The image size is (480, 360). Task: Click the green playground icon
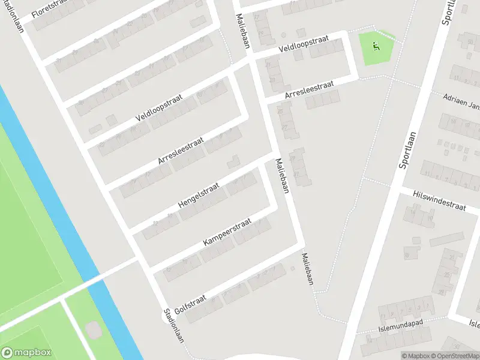pyautogui.click(x=376, y=45)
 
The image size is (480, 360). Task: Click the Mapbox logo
pyautogui.click(x=26, y=353)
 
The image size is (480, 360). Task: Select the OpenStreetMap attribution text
pyautogui.click(x=456, y=356)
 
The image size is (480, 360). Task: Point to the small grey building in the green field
pyautogui.click(x=93, y=330)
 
